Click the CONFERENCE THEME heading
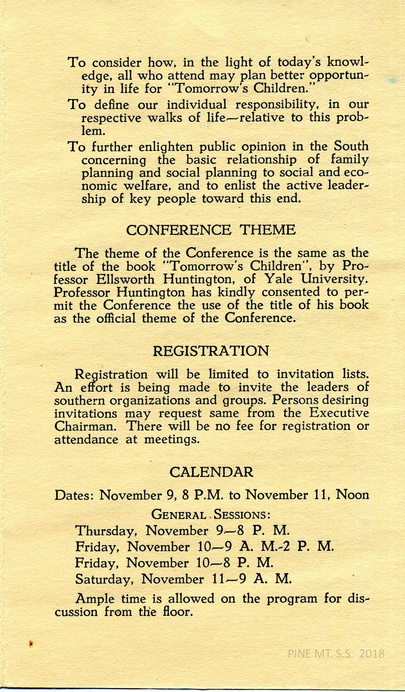pos(211,230)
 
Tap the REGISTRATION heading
pos(211,351)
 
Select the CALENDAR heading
pos(211,472)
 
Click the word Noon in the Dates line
pos(353,495)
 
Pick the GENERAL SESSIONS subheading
pos(211,515)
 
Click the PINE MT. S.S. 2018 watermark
pos(336,653)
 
